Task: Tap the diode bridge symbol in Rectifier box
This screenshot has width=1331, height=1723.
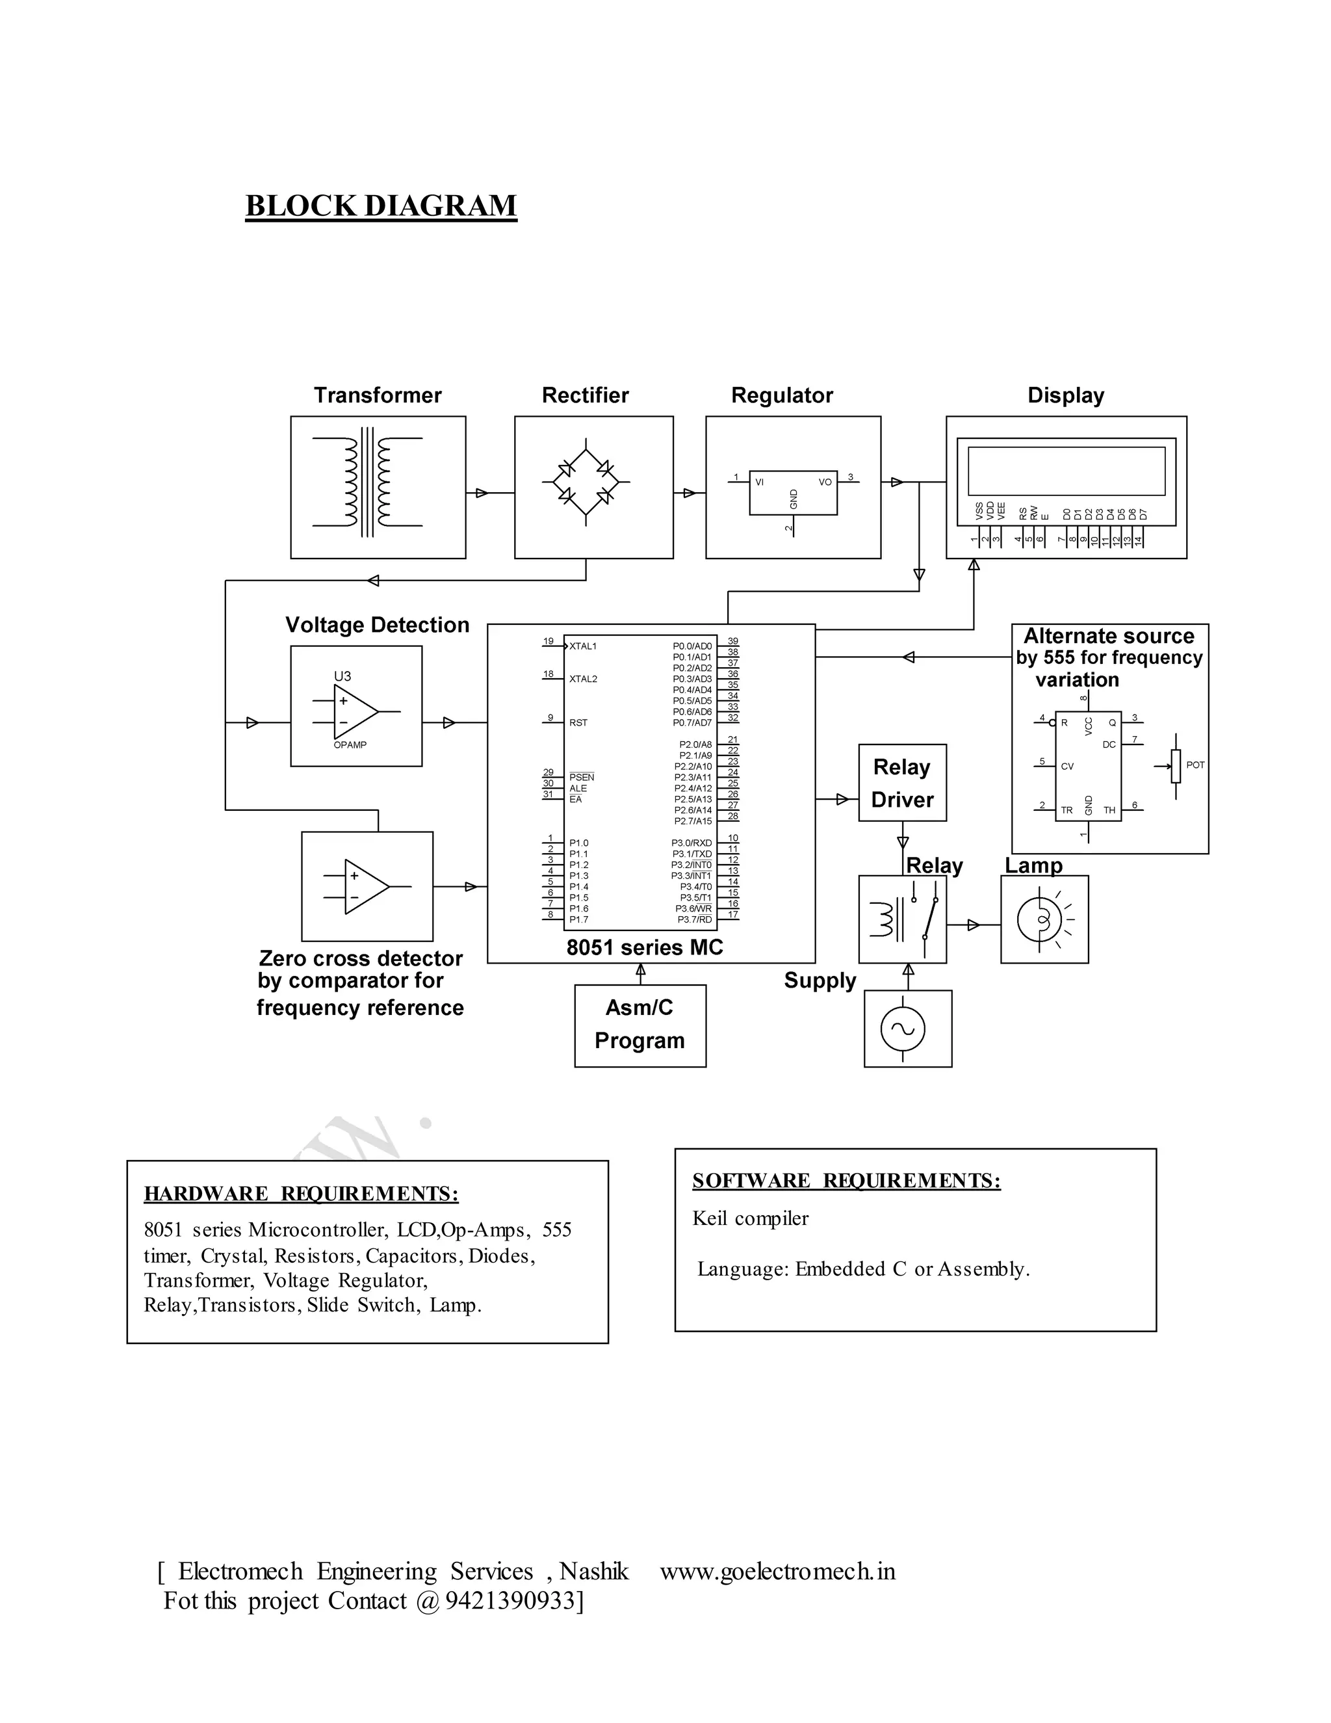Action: coord(586,482)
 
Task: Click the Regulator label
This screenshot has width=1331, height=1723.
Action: coord(781,395)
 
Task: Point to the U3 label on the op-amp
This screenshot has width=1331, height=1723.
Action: coord(342,676)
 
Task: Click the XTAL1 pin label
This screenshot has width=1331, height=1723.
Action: coord(583,646)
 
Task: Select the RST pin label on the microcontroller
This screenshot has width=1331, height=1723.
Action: coord(578,722)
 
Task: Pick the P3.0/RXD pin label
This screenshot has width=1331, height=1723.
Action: coord(691,843)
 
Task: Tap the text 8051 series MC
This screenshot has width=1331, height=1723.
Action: coord(644,947)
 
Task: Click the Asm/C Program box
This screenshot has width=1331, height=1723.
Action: coord(640,1025)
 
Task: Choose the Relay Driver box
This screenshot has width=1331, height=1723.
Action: coord(902,783)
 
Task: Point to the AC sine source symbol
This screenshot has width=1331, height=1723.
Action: coord(903,1029)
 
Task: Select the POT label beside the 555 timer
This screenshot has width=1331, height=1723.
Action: coord(1195,765)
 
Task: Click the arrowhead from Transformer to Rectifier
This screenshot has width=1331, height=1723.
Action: coord(481,493)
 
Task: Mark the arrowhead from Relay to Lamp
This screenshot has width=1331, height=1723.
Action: coord(974,925)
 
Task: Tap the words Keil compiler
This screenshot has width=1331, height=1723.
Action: coord(750,1219)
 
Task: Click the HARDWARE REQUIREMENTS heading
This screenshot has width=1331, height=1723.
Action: coord(300,1194)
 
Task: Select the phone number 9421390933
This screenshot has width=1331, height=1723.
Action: coord(511,1601)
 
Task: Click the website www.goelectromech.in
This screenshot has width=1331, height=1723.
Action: coord(777,1572)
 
